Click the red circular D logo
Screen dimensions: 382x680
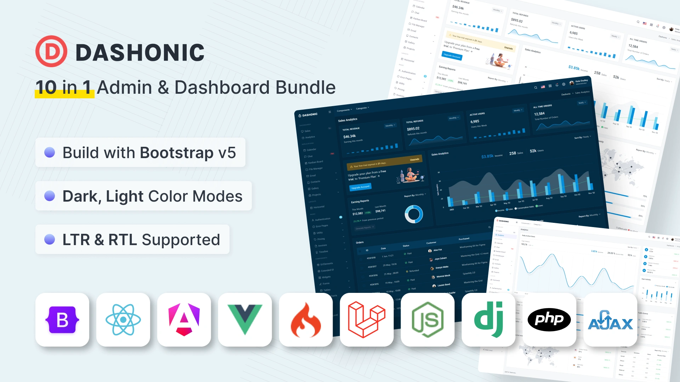pos(51,52)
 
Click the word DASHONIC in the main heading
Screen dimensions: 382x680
pos(140,53)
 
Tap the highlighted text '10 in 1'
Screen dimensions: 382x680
pos(64,87)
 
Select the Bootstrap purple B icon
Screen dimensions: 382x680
pos(62,320)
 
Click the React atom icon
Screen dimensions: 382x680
pos(123,320)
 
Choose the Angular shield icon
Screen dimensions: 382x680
pos(184,320)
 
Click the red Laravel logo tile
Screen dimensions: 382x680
pos(367,320)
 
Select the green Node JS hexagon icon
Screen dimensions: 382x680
pos(427,320)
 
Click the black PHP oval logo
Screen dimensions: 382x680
pos(549,320)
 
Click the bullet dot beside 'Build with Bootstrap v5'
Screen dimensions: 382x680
pos(50,152)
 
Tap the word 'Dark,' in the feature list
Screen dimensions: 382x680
pos(82,196)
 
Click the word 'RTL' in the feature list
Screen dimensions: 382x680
pos(123,240)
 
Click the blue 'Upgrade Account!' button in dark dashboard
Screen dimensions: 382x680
pos(360,187)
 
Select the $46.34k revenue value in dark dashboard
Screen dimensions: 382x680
pos(350,137)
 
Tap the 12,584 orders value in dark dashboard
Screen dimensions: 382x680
pos(539,114)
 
